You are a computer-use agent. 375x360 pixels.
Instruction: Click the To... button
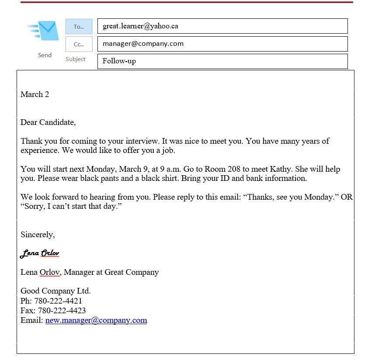tap(79, 27)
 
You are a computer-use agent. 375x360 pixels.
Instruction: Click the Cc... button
tap(79, 44)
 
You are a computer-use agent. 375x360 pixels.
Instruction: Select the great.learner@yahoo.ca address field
tap(222, 26)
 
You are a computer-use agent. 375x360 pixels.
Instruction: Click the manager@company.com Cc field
tap(222, 44)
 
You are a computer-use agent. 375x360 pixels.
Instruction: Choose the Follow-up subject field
tap(222, 61)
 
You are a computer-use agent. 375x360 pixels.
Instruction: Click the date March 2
tap(35, 94)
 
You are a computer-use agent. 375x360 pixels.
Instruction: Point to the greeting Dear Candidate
tap(48, 122)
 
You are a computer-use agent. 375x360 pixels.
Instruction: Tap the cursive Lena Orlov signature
tap(40, 253)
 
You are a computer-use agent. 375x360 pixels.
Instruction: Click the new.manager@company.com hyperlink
tap(96, 320)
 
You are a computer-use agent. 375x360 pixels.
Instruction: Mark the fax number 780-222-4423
tap(62, 311)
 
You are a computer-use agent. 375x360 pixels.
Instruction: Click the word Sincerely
tap(38, 235)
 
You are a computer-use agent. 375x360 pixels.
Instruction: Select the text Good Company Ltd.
tap(56, 291)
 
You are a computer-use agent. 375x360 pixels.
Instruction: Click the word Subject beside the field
tap(76, 59)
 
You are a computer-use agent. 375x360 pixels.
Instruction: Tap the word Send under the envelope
tap(45, 55)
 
